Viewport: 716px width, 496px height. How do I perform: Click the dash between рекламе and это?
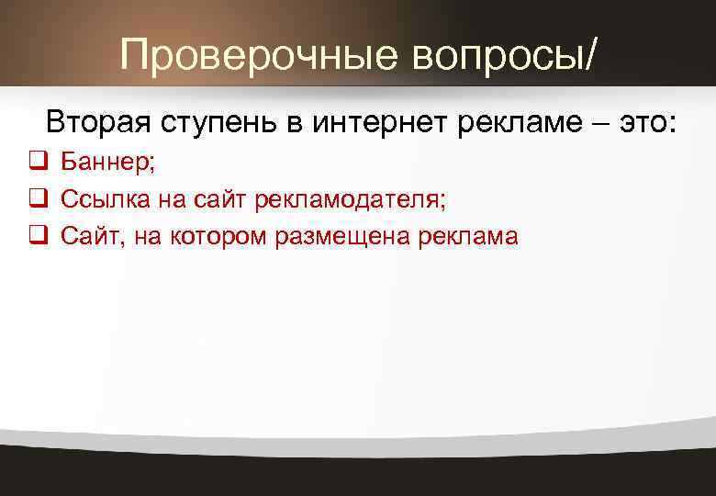pyautogui.click(x=594, y=122)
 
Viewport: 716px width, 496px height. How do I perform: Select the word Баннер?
pyautogui.click(x=108, y=163)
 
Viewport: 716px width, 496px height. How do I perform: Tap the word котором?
pyautogui.click(x=222, y=236)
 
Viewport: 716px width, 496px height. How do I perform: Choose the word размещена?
pyautogui.click(x=342, y=236)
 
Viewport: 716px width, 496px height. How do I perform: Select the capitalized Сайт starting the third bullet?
pyautogui.click(x=89, y=236)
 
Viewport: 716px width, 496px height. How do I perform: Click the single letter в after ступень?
pyautogui.click(x=292, y=122)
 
